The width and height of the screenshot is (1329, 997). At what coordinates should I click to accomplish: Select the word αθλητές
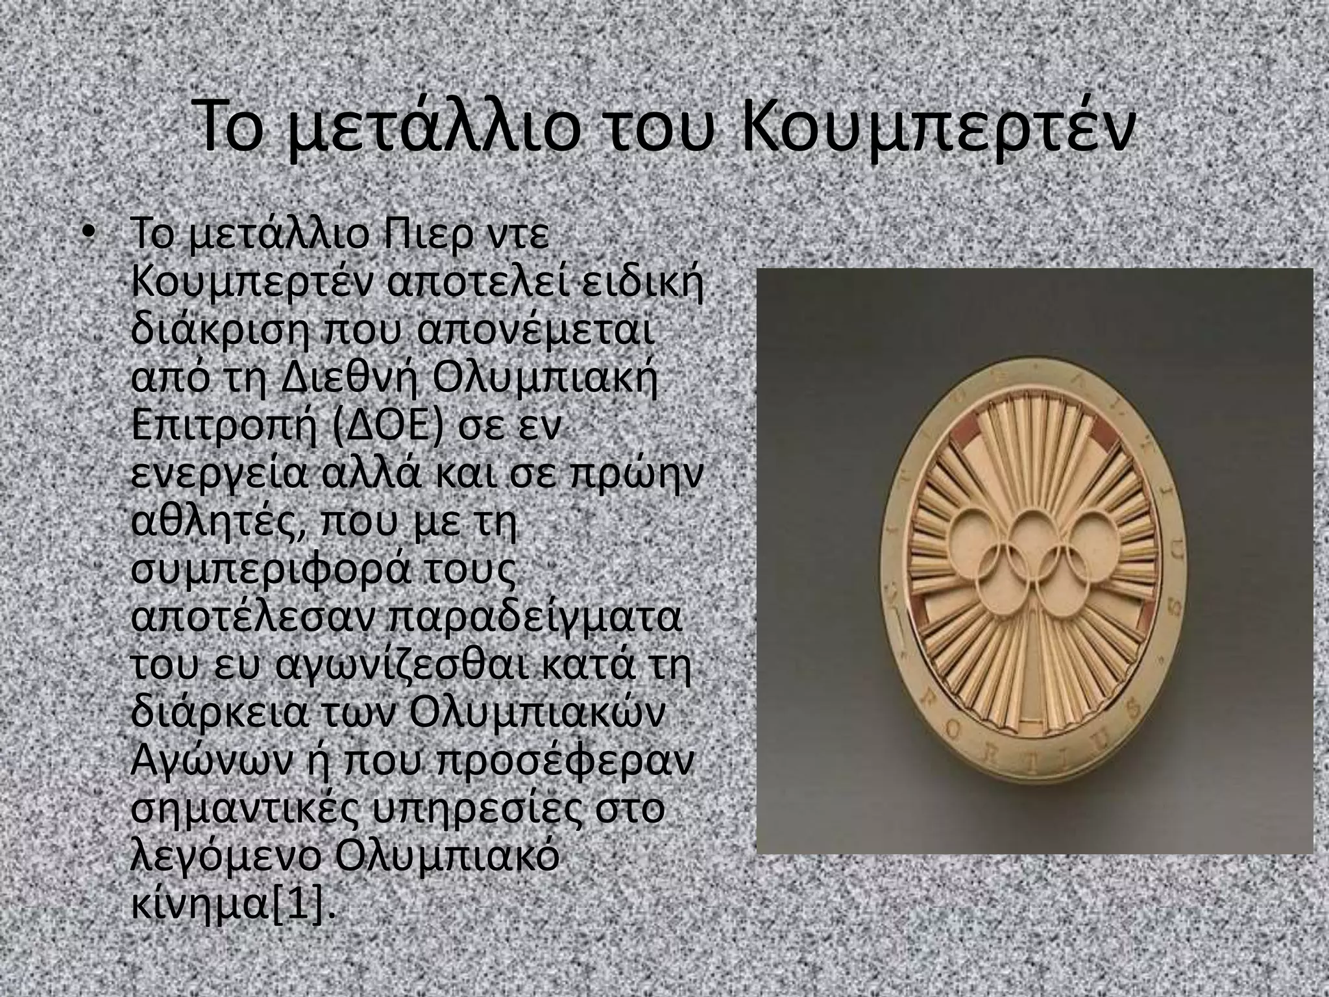coord(217,523)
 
